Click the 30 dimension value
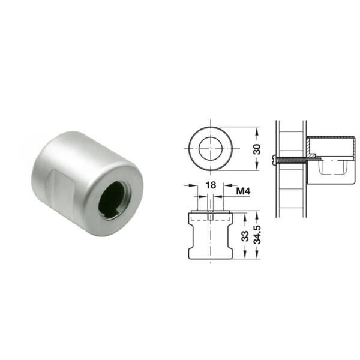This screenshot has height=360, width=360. pyautogui.click(x=257, y=149)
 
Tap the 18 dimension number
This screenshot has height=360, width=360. pyautogui.click(x=211, y=185)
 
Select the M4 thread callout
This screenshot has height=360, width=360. pyautogui.click(x=243, y=191)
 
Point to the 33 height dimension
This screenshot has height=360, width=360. pyautogui.click(x=245, y=236)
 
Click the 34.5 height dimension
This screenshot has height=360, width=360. pyautogui.click(x=257, y=235)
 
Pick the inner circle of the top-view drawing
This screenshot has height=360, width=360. pyautogui.click(x=211, y=149)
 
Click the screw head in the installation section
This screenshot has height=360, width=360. pyautogui.click(x=274, y=160)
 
